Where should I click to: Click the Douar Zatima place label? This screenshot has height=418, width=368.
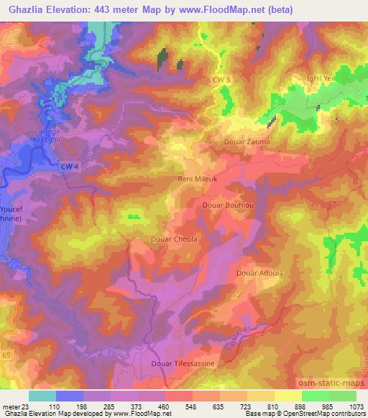[x=247, y=142]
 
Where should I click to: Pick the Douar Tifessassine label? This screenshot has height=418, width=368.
[x=184, y=363]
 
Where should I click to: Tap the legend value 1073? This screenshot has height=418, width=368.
[x=355, y=407]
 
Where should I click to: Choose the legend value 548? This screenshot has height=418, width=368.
[x=190, y=407]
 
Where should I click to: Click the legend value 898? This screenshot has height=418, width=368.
[x=300, y=407]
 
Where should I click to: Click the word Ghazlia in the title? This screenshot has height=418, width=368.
[x=27, y=9]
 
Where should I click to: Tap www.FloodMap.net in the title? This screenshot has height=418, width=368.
[x=225, y=9]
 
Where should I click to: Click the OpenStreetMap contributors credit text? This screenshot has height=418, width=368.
[x=321, y=414]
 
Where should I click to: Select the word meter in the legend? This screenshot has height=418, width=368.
[x=10, y=407]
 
